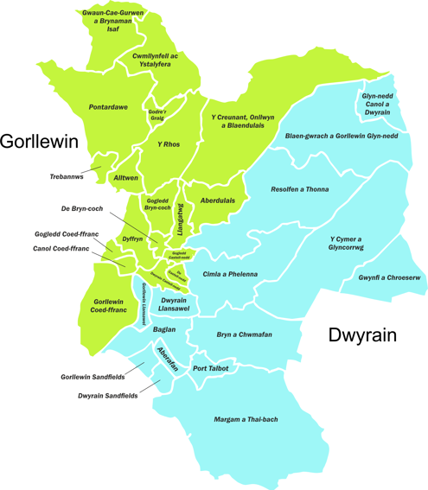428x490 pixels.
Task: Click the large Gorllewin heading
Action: (x=40, y=142)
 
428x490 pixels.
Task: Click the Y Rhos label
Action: (x=168, y=144)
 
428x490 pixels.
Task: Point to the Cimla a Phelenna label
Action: (x=230, y=274)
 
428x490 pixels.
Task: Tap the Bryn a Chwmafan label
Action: (x=239, y=334)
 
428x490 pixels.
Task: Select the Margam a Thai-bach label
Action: (x=246, y=420)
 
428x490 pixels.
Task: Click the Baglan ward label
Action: (x=164, y=329)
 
